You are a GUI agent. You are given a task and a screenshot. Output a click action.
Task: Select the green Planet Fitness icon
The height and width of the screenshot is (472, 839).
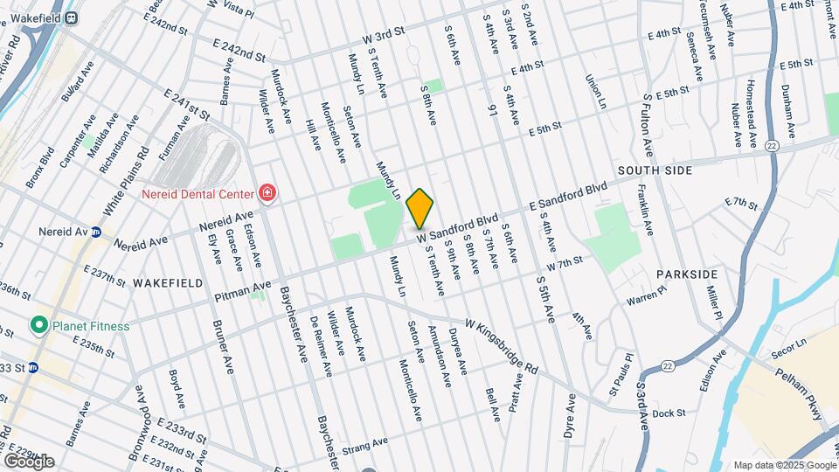pyautogui.click(x=38, y=326)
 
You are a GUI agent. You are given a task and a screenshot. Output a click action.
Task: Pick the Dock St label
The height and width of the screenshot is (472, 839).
pyautogui.click(x=667, y=413)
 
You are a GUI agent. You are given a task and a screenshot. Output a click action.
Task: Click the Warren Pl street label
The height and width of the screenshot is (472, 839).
pyautogui.click(x=646, y=295)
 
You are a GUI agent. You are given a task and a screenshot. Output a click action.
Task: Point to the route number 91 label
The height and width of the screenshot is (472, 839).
pyautogui.click(x=493, y=111)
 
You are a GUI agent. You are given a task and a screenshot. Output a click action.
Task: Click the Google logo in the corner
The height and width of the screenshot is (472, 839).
pyautogui.click(x=29, y=461)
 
